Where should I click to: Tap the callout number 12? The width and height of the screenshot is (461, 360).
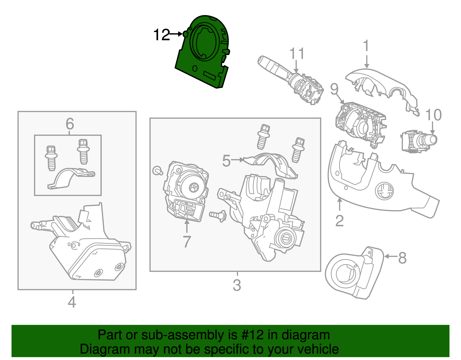161,35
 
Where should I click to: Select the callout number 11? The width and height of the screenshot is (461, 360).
297,54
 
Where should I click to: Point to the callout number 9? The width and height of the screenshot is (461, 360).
334,89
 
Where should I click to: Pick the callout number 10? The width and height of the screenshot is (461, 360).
433,115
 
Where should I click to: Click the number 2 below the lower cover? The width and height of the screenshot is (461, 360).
339,221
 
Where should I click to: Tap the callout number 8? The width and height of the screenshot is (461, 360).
402,258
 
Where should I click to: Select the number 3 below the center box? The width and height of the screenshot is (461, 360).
237,285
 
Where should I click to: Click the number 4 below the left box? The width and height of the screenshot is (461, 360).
72,302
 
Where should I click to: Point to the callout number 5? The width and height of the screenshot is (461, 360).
226,161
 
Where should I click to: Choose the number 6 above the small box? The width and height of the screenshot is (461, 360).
70,124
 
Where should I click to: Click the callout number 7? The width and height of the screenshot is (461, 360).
187,242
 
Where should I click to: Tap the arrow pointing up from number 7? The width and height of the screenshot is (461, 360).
187,226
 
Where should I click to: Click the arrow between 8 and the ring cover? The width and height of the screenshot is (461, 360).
391,256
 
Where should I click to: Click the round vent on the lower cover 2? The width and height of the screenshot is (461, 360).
384,191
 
